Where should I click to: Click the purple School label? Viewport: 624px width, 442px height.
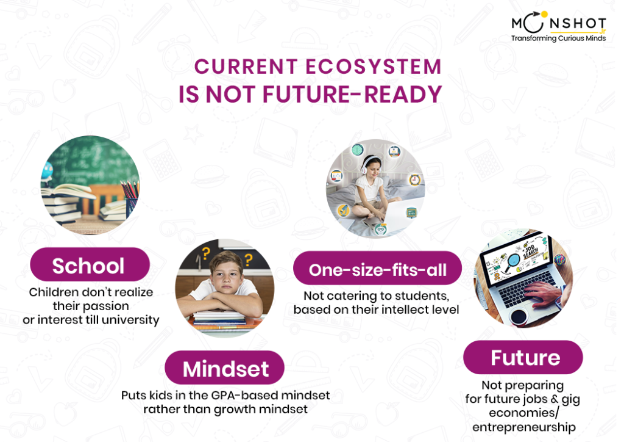(x=90, y=264)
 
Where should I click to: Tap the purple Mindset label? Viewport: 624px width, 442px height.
(x=225, y=368)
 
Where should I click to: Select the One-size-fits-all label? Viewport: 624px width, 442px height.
(x=377, y=268)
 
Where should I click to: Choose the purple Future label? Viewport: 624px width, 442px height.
(x=523, y=358)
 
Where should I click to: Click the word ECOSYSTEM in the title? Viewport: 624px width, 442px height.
(x=374, y=67)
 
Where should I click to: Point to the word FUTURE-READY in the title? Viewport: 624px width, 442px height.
(x=352, y=95)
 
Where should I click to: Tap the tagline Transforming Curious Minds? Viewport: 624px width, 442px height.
(x=558, y=38)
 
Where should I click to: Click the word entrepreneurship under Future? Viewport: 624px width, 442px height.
(x=524, y=427)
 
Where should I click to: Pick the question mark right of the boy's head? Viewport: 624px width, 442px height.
(x=249, y=260)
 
